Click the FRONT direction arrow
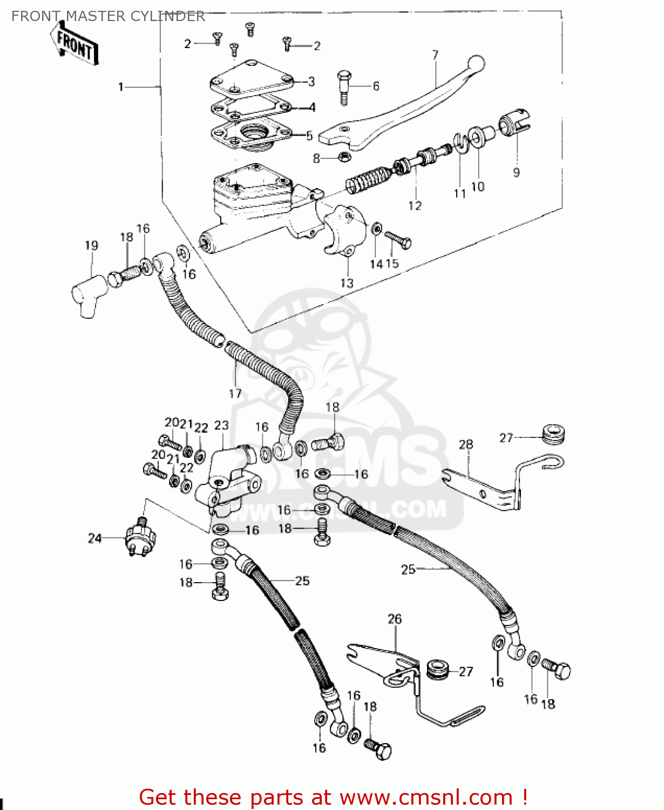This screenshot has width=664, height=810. coord(74,45)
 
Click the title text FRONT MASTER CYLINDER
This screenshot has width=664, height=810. coord(108,16)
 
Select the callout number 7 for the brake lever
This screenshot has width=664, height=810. coord(435,55)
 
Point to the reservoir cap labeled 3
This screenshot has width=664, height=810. coord(251,78)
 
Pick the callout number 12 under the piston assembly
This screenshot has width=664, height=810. coord(415,206)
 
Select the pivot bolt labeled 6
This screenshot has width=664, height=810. coord(344,85)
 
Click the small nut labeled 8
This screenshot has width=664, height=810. coord(343,157)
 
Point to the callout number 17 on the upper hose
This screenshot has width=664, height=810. coord(235,394)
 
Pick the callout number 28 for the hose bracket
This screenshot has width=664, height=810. coord(466,444)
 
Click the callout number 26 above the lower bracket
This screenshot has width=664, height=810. coord(395,619)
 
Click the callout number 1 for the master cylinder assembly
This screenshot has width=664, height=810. coord(121,87)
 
